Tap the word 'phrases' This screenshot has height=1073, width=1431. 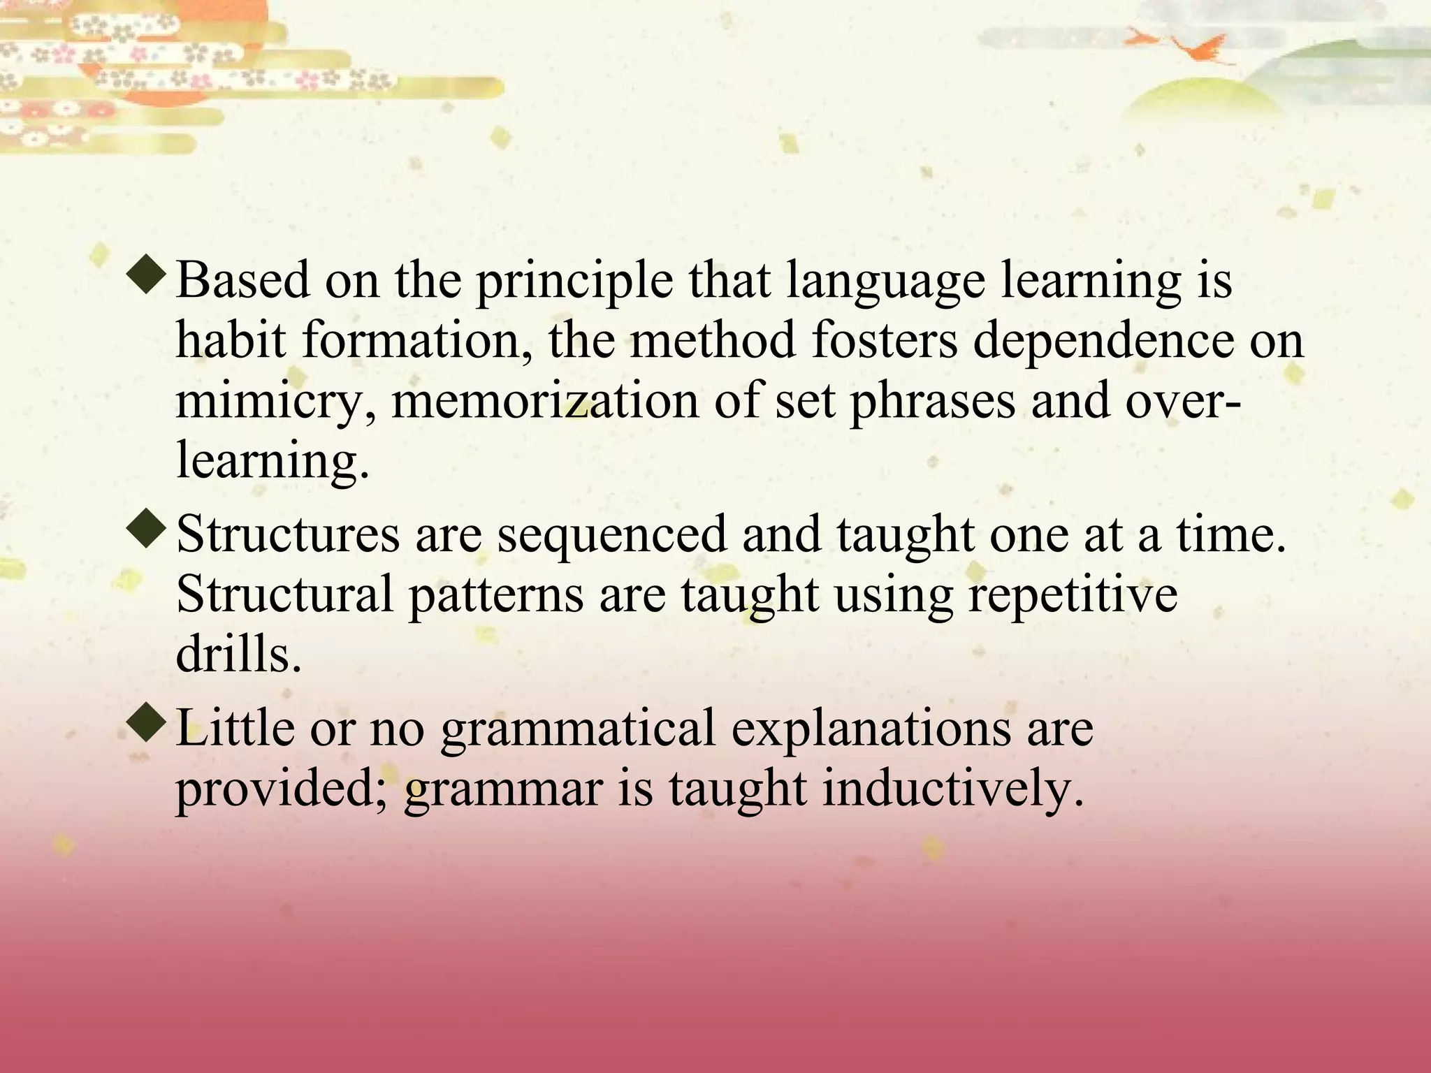pyautogui.click(x=932, y=404)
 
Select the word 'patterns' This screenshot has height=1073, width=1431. pyautogui.click(x=495, y=596)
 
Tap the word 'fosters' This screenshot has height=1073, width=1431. pyautogui.click(x=884, y=340)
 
